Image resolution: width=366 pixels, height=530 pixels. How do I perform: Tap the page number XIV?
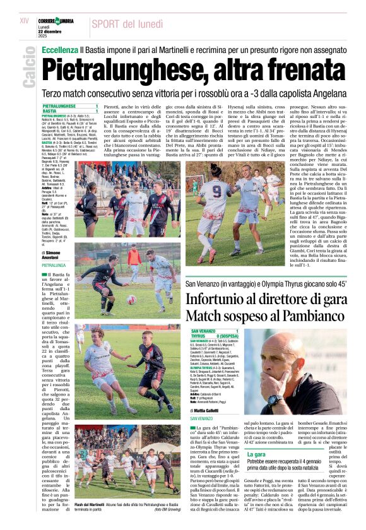click(25, 21)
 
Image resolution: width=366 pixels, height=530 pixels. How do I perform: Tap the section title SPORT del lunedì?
click(130, 24)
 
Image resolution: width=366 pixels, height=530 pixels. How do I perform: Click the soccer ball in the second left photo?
click(131, 299)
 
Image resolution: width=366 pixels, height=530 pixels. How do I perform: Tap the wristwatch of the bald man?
click(274, 399)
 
